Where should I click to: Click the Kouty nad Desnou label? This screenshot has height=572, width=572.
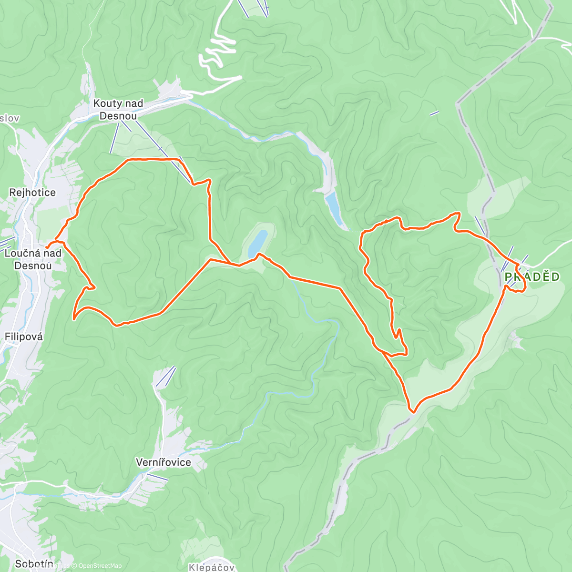tap(118, 110)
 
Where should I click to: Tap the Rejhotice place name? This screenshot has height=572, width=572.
tap(32, 193)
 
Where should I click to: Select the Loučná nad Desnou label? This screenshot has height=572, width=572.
tap(33, 259)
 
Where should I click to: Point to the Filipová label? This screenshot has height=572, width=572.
tap(24, 337)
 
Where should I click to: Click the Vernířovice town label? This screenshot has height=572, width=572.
tap(163, 462)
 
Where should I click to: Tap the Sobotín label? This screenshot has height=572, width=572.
tap(34, 564)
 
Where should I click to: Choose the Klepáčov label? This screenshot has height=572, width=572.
tap(212, 567)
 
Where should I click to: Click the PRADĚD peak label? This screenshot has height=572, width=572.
tap(532, 277)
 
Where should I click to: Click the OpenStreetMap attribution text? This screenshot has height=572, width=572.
tap(100, 566)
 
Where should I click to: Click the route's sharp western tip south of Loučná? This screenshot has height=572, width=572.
tap(74, 318)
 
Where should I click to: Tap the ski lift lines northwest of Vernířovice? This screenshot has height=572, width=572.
tap(166, 376)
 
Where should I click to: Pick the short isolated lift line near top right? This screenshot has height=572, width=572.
tap(434, 113)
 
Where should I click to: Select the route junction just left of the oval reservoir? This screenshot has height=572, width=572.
tap(232, 264)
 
